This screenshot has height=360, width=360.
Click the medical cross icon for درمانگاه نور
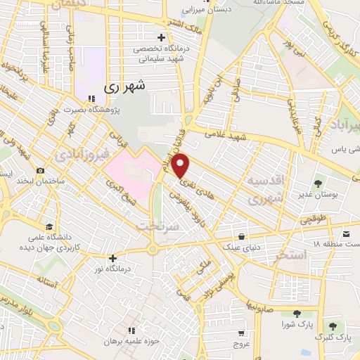[x=112, y=257]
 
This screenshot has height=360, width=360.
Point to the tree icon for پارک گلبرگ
[x=332, y=327]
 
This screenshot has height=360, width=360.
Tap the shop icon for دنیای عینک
[x=243, y=236]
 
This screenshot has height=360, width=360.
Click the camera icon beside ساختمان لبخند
[x=41, y=170]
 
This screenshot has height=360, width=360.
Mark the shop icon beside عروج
[x=241, y=333]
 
